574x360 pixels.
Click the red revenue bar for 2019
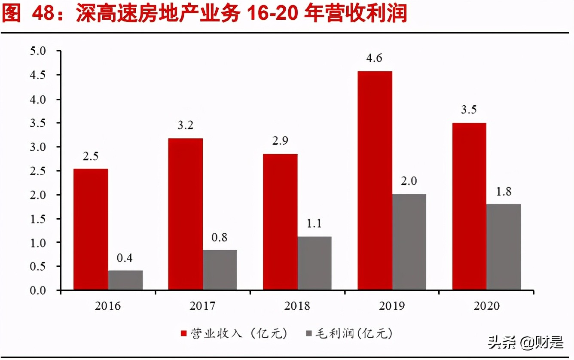pos(375,180)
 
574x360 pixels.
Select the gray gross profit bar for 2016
pos(125,280)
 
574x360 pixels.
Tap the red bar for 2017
pos(185,214)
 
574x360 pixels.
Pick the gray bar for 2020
pos(504,247)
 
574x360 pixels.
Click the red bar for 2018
pos(280,222)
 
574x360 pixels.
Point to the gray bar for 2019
pos(409,242)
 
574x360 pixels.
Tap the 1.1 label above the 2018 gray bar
pos(314,224)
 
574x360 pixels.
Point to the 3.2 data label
pos(185,125)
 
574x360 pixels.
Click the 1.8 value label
pos(503,192)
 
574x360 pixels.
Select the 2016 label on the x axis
pos(108,306)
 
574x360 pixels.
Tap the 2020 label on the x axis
pos(486,306)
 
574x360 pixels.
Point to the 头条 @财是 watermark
pos(525,343)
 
